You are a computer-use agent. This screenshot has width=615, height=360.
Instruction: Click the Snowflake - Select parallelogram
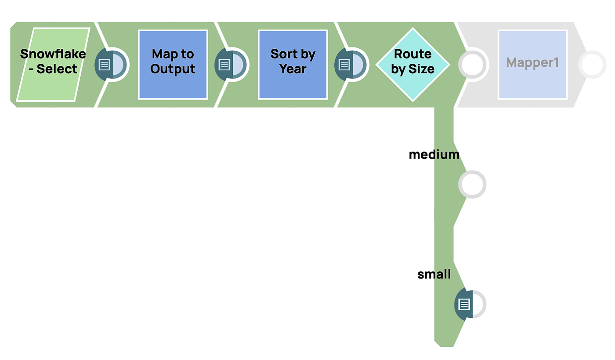click(53, 65)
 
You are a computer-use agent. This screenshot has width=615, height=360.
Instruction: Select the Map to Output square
click(173, 65)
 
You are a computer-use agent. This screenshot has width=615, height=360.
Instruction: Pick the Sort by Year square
click(293, 65)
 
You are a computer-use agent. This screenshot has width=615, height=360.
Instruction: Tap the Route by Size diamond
click(412, 65)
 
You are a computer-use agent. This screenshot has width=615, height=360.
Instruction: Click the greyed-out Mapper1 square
click(532, 65)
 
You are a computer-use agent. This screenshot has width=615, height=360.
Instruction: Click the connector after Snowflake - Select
click(112, 65)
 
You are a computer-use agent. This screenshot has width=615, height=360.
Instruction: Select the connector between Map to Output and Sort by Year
click(232, 65)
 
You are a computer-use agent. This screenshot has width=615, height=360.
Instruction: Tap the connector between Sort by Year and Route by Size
click(351, 65)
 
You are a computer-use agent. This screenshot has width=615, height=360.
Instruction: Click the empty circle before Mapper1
click(473, 65)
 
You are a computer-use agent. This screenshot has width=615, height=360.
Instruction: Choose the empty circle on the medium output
click(472, 184)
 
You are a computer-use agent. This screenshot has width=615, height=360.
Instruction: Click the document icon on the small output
click(464, 304)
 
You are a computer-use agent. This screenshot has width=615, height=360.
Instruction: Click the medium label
click(434, 155)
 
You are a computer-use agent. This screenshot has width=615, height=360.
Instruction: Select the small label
click(434, 274)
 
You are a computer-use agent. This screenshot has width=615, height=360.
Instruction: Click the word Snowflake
click(53, 54)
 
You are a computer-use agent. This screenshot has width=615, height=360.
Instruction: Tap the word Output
click(173, 69)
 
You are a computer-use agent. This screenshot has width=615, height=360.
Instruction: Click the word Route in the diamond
click(412, 54)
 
